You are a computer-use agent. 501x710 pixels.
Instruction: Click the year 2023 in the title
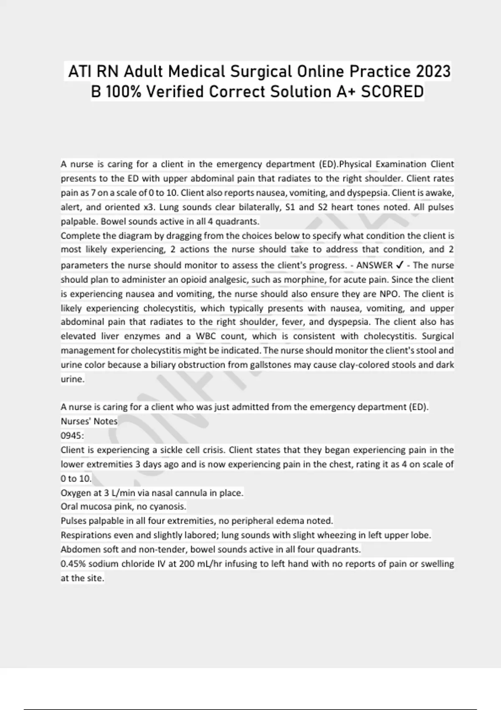point(433,71)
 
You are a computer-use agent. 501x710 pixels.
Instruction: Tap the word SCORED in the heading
point(392,92)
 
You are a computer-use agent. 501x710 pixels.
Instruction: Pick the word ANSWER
point(374,265)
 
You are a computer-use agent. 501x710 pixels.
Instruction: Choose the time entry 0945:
point(72,436)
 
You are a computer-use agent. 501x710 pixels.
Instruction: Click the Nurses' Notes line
point(89,421)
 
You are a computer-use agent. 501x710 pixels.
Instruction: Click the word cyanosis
point(167,507)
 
